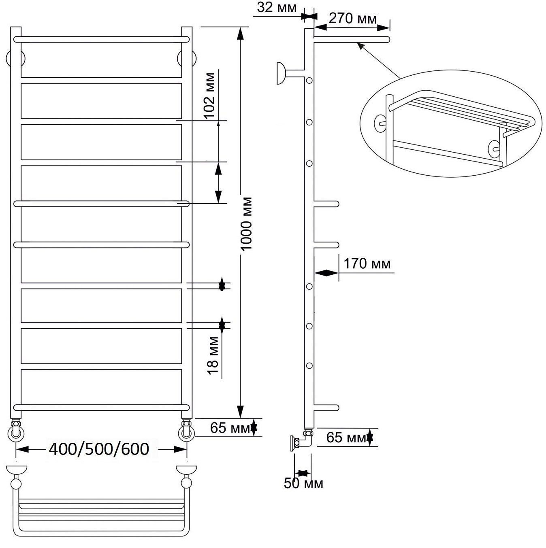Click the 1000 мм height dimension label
(x=246, y=223)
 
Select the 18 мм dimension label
(x=213, y=355)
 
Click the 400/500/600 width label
(x=99, y=449)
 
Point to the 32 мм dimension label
(x=277, y=8)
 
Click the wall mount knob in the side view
(x=281, y=73)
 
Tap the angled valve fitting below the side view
(x=302, y=441)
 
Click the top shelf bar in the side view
(x=352, y=40)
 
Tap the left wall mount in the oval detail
(x=380, y=123)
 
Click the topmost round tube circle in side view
(x=309, y=81)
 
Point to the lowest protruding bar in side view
(x=326, y=408)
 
